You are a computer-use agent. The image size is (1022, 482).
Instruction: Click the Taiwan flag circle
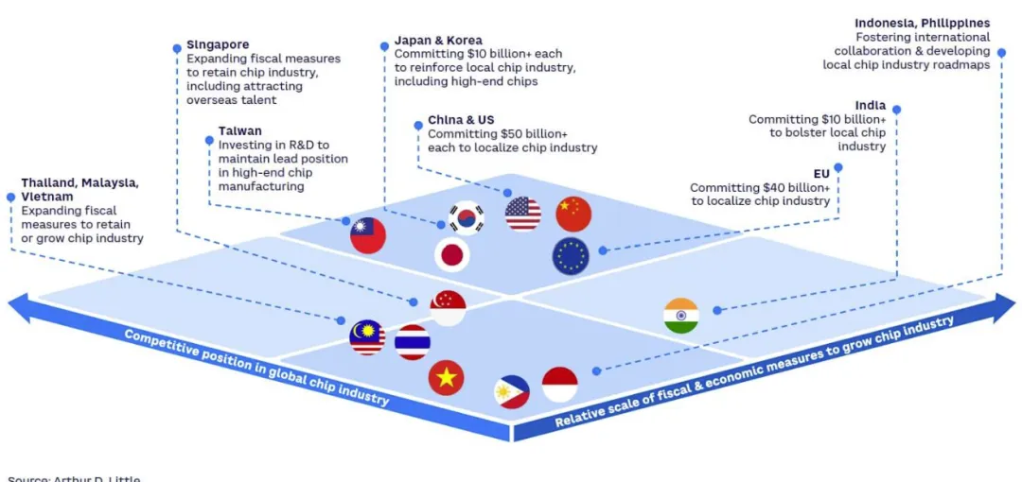point(368,235)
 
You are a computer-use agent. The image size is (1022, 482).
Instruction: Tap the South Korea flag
point(466,218)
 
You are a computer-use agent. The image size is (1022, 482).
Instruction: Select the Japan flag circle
point(452,254)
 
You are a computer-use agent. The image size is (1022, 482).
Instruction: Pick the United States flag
point(523,214)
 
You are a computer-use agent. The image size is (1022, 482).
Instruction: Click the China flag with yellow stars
point(573,215)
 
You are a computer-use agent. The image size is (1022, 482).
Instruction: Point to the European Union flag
point(571,256)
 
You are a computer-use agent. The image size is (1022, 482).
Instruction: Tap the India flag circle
point(680,316)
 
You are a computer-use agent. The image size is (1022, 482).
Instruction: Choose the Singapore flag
point(448,307)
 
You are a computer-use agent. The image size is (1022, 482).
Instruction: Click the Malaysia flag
point(367,337)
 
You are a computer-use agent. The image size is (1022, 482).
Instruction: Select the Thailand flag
point(413,342)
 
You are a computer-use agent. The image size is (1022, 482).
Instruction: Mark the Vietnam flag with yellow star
point(446,377)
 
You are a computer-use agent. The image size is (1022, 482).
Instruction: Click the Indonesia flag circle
point(559,385)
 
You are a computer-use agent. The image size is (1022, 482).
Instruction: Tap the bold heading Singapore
point(218,44)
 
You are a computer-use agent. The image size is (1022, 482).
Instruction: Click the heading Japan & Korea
point(438,41)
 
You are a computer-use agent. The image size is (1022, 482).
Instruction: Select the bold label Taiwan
point(240,131)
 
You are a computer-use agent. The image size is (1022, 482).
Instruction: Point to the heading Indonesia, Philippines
point(922,24)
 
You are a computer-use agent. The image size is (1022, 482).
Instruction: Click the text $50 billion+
point(539,134)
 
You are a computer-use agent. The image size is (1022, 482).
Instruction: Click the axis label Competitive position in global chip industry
point(256,368)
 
